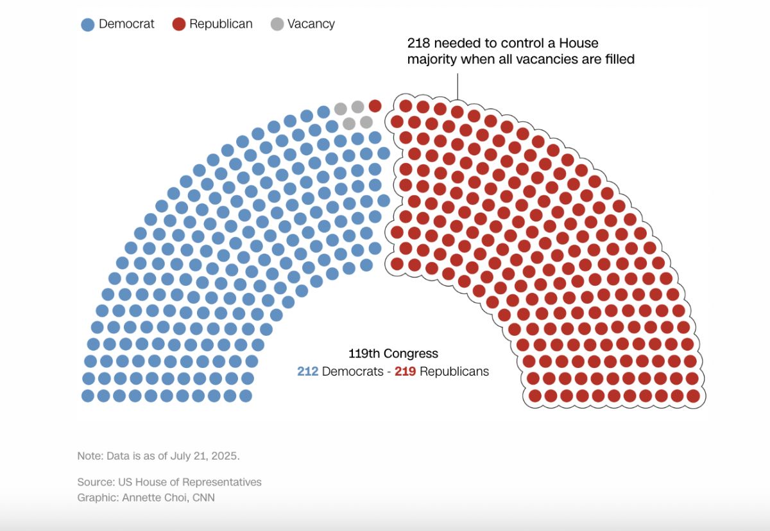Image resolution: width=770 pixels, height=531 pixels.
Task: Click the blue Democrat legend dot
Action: pyautogui.click(x=88, y=24)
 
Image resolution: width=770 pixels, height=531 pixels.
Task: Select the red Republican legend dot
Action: pyautogui.click(x=179, y=24)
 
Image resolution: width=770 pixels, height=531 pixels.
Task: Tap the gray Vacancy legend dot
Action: pyautogui.click(x=277, y=24)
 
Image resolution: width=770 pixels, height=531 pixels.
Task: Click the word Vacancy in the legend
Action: pyautogui.click(x=311, y=24)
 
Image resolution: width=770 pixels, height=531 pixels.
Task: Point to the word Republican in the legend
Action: pyautogui.click(x=221, y=24)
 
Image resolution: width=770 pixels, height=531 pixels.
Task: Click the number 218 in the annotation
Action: pyautogui.click(x=419, y=43)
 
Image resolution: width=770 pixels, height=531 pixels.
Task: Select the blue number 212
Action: pyautogui.click(x=308, y=371)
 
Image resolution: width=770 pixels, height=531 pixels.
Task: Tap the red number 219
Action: pyautogui.click(x=405, y=371)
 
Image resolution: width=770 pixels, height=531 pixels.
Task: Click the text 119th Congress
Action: pyautogui.click(x=393, y=353)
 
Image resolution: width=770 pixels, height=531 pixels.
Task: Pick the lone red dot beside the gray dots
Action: pyautogui.click(x=375, y=105)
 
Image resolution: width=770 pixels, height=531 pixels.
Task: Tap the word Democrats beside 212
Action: pyautogui.click(x=352, y=371)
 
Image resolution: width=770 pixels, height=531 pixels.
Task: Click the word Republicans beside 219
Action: pyautogui.click(x=454, y=371)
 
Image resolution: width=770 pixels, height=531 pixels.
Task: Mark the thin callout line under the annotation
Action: pyautogui.click(x=458, y=85)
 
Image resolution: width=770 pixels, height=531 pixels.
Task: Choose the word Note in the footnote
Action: pyautogui.click(x=89, y=456)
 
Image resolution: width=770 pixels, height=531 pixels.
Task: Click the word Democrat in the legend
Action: pyautogui.click(x=127, y=24)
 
